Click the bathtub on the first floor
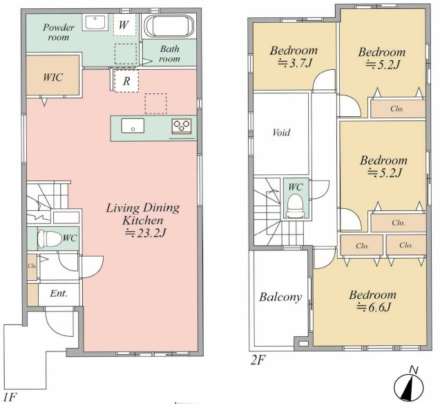click(x=169, y=26)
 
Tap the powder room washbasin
click(x=95, y=22)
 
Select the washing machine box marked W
click(x=123, y=25)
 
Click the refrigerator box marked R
click(x=126, y=81)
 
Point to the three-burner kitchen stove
click(x=182, y=126)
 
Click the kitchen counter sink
click(x=133, y=126)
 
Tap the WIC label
click(x=52, y=77)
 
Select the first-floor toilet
click(x=50, y=239)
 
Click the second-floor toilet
click(x=296, y=205)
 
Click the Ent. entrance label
click(x=59, y=293)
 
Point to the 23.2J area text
click(x=145, y=233)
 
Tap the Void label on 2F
click(x=281, y=132)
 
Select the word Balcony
click(x=280, y=297)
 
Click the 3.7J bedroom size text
click(x=295, y=64)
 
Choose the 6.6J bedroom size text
click(x=374, y=307)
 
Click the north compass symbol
click(x=409, y=386)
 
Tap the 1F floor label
click(x=10, y=397)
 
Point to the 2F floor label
click(x=258, y=360)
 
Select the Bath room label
click(x=169, y=54)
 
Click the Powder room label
click(x=59, y=33)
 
